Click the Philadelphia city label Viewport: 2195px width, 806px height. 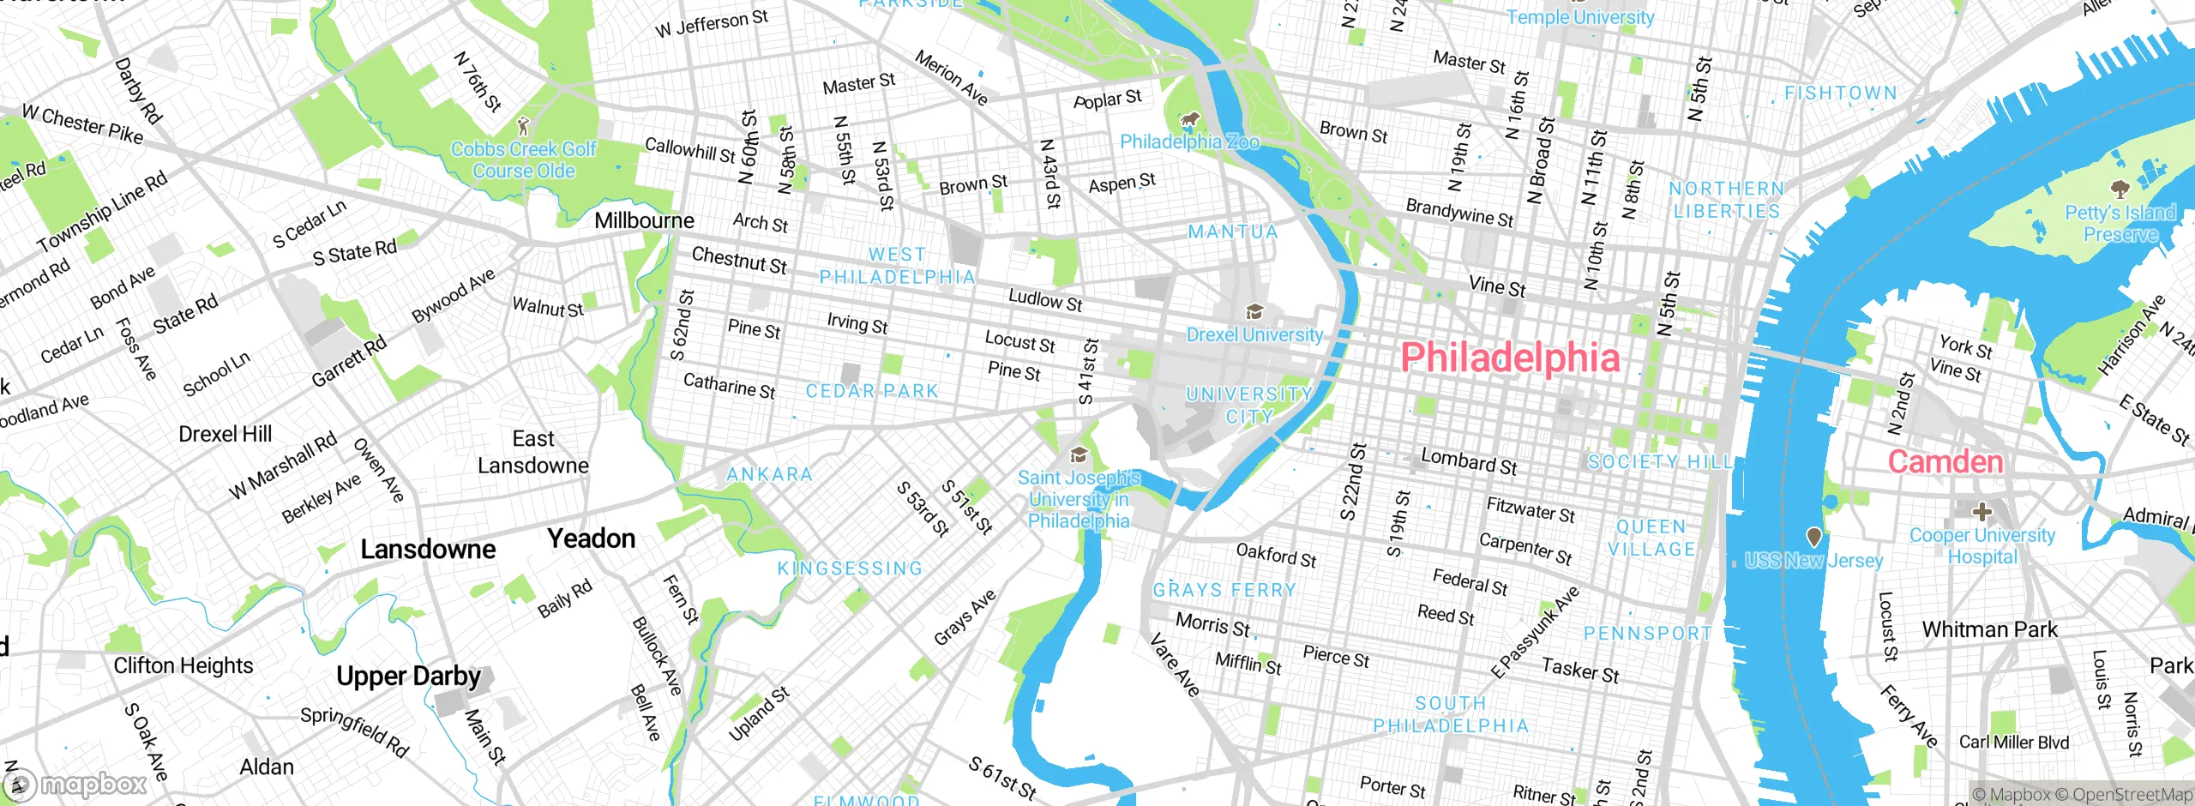click(x=1510, y=357)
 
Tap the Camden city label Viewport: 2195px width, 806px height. click(x=1945, y=462)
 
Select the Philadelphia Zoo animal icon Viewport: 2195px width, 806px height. click(x=1189, y=119)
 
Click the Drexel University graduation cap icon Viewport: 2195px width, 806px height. click(x=1254, y=311)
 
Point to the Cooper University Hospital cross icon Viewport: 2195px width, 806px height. click(x=1982, y=512)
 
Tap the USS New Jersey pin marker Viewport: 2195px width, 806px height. click(x=1813, y=538)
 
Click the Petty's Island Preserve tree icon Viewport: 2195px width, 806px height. click(x=2120, y=188)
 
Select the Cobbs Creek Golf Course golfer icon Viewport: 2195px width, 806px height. click(x=523, y=127)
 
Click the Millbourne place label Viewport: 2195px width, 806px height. click(x=644, y=220)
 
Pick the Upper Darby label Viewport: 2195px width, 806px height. click(x=408, y=676)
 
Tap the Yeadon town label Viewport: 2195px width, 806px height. click(x=591, y=538)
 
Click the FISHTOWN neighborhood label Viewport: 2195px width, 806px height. click(x=1840, y=93)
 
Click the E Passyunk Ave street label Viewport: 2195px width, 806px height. click(x=1535, y=633)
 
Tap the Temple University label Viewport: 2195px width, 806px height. click(x=1579, y=17)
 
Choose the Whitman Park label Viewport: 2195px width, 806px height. click(x=1988, y=629)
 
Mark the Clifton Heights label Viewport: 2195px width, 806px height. click(x=183, y=665)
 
